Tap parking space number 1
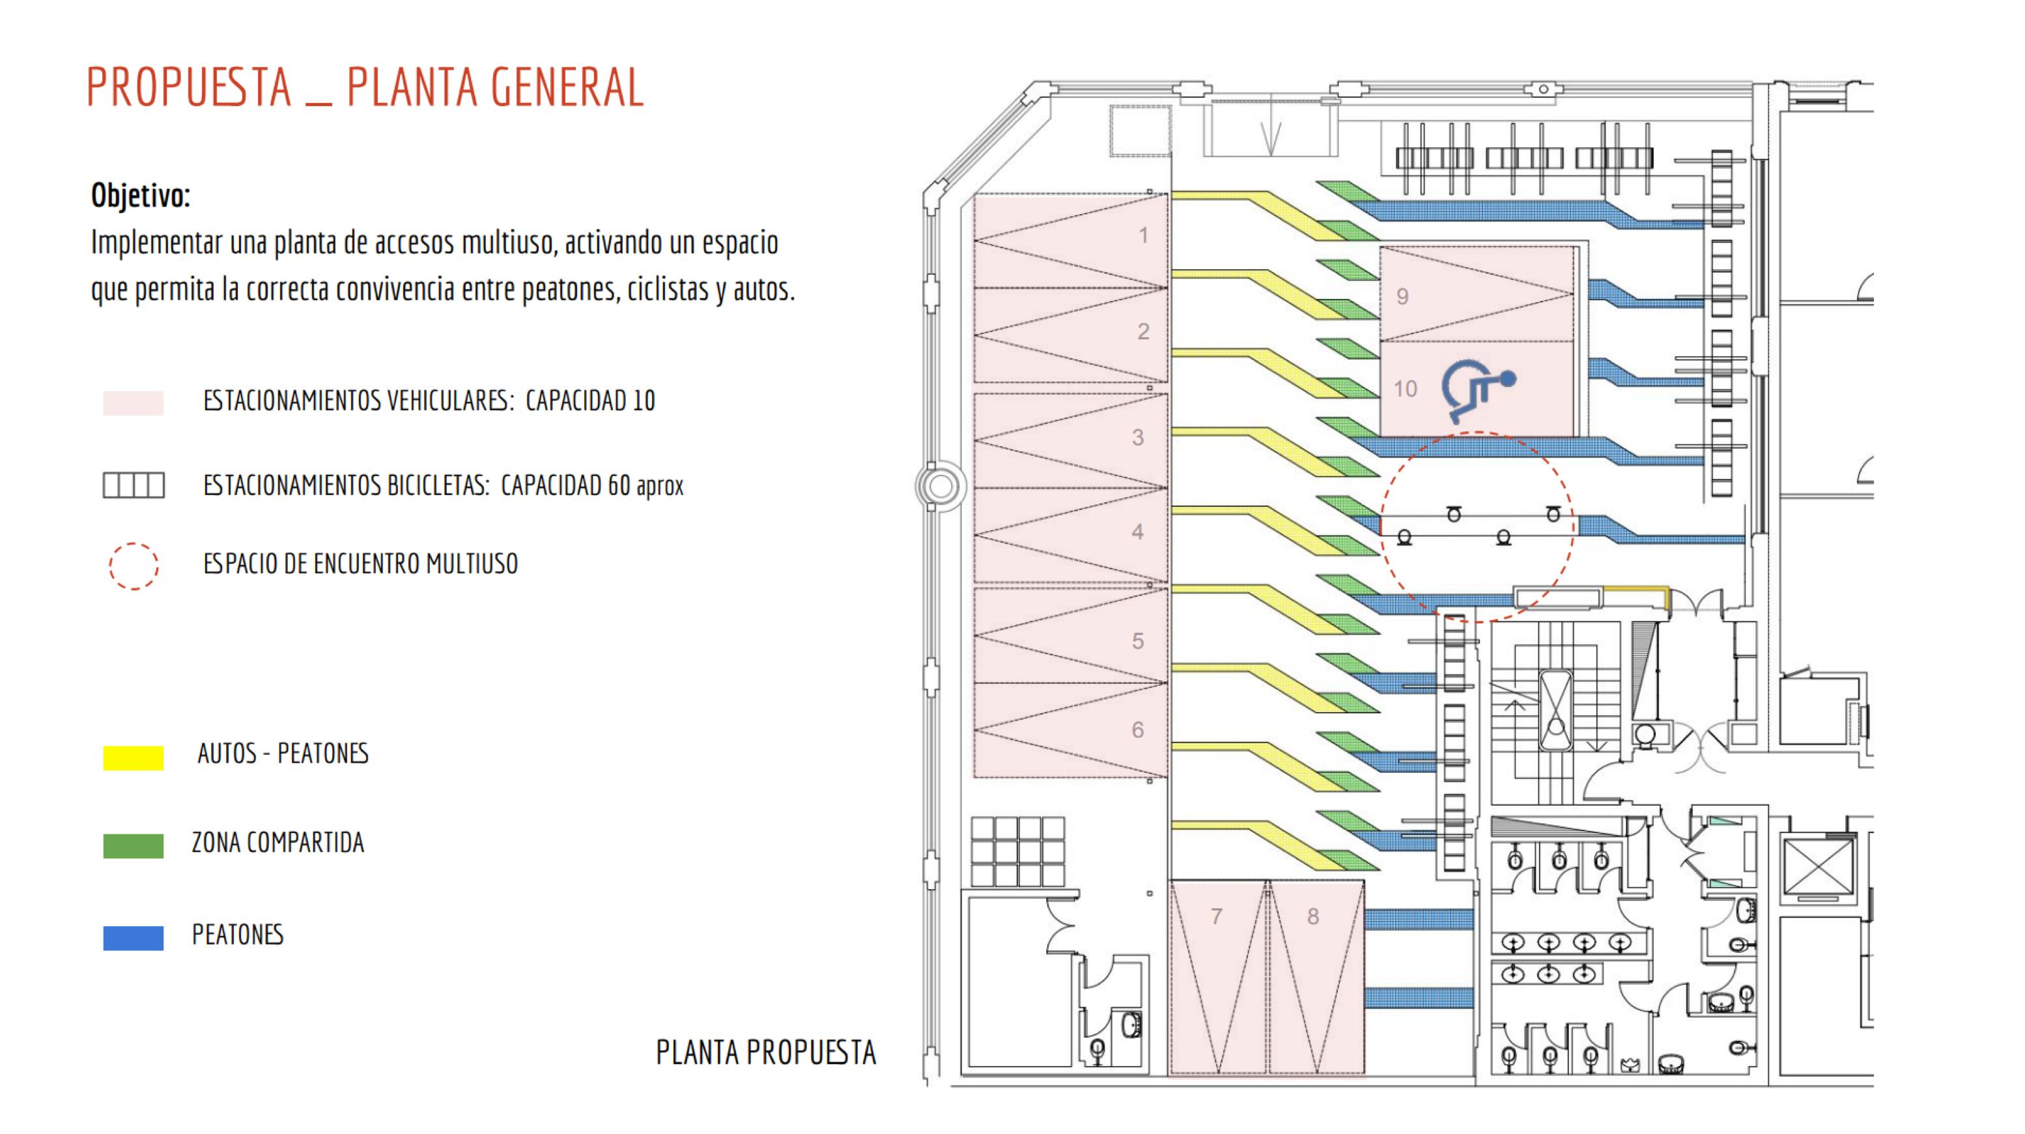(x=1144, y=235)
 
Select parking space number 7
(x=1217, y=916)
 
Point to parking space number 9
(x=1402, y=296)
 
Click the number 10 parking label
(x=1406, y=388)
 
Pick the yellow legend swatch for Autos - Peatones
(x=133, y=757)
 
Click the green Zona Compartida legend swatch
(x=133, y=845)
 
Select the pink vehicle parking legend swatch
(x=133, y=403)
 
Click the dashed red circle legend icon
(x=133, y=566)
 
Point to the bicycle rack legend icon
(x=133, y=485)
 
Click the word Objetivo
(x=140, y=195)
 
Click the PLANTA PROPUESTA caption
(x=766, y=1053)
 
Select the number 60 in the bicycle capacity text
(x=619, y=486)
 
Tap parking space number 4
(x=1137, y=532)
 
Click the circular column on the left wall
(x=940, y=487)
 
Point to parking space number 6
(x=1137, y=730)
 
